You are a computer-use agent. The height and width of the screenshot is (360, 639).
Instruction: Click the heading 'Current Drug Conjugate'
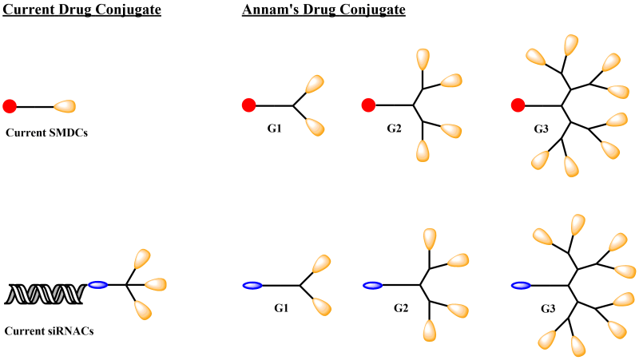(82, 11)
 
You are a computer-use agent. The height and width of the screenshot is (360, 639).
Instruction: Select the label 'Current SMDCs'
(46, 133)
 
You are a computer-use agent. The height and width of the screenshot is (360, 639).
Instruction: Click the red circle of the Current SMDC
(10, 105)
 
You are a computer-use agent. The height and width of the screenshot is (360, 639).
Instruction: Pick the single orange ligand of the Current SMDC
(65, 105)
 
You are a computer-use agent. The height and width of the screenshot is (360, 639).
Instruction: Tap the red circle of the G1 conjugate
(248, 105)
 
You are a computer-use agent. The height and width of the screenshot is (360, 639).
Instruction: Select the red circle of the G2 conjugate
(368, 105)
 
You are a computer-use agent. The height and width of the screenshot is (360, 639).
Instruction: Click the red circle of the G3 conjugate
(518, 105)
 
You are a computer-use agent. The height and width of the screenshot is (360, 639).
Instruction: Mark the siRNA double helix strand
(45, 294)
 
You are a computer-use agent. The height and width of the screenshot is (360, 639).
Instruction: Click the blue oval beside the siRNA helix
(98, 284)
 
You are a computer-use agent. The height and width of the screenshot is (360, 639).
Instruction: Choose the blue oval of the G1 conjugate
(252, 285)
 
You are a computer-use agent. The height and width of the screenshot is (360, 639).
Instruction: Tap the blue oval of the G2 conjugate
(372, 285)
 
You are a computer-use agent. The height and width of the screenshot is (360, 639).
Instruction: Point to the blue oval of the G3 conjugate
(521, 285)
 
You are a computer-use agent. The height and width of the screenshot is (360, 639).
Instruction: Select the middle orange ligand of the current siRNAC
(155, 284)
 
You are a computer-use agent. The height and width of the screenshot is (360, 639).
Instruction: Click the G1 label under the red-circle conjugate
(275, 128)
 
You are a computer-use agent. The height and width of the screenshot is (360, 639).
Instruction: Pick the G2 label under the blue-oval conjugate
(401, 307)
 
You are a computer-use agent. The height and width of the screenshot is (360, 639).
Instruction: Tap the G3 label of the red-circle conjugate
(541, 128)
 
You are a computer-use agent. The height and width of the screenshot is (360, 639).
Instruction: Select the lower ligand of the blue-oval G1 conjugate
(322, 306)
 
